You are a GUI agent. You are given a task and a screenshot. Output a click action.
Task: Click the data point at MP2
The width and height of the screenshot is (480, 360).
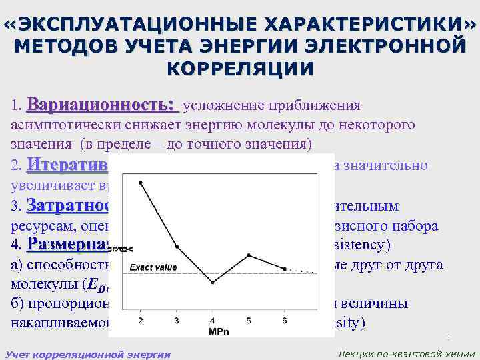point(140,182)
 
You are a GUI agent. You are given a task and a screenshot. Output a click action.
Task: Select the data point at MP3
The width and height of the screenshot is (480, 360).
point(176,245)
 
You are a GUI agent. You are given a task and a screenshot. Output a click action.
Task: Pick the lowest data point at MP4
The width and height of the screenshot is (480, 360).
point(212,283)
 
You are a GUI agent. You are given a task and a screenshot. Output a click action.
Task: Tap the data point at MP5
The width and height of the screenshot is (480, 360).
point(248,255)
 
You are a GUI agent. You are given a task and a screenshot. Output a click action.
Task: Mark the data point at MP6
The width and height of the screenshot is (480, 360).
point(285,269)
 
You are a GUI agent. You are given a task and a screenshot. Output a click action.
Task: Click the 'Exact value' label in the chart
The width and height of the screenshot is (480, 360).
point(153,267)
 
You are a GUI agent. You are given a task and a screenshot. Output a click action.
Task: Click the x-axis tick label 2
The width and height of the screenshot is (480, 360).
point(140,321)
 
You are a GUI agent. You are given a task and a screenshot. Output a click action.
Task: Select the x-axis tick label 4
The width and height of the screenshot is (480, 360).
point(212,321)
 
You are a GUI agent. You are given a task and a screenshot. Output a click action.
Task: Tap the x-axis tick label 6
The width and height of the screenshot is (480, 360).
point(285,321)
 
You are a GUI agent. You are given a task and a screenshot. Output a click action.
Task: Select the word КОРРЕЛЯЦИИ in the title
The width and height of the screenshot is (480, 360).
point(239,69)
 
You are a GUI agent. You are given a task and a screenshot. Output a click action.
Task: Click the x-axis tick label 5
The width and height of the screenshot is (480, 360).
point(248,321)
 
